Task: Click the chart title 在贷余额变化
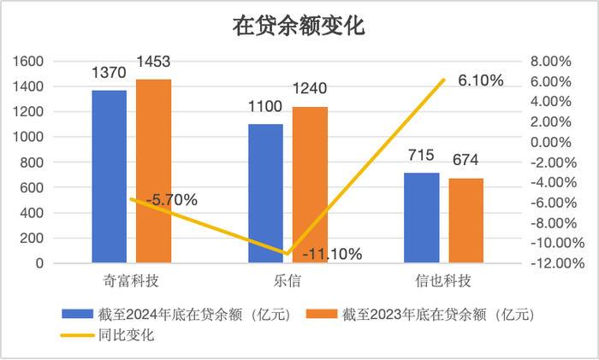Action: pos(299,27)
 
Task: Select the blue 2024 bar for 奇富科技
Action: pos(109,176)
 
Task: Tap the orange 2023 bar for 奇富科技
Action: pos(153,171)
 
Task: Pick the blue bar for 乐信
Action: pos(265,193)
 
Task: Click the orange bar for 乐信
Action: pos(310,185)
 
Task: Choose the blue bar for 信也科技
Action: pos(422,218)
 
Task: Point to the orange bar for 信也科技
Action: pos(466,221)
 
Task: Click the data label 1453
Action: pos(154,62)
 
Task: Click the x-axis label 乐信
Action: pos(288,280)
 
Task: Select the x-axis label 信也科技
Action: pos(444,280)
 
